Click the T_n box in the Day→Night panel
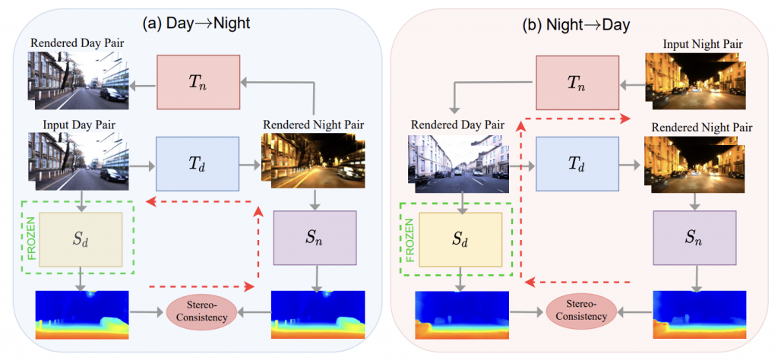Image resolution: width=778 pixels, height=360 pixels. [x=198, y=82]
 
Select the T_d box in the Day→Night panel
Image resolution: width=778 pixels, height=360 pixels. [x=198, y=163]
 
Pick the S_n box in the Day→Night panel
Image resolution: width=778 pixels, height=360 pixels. [x=315, y=238]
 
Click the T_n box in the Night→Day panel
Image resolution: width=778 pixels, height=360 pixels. [x=577, y=82]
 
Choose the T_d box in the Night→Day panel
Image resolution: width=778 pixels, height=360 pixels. [x=578, y=163]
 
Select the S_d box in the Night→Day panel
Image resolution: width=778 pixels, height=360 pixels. [x=461, y=240]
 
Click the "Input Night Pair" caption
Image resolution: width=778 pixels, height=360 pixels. [x=703, y=45]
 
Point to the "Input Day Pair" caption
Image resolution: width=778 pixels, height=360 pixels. [x=79, y=125]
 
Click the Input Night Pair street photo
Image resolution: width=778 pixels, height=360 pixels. [x=696, y=81]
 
